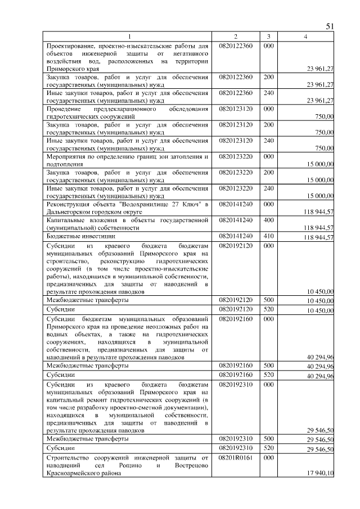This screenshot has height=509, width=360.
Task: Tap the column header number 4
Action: (305, 37)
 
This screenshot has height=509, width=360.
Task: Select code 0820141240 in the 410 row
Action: (236, 236)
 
